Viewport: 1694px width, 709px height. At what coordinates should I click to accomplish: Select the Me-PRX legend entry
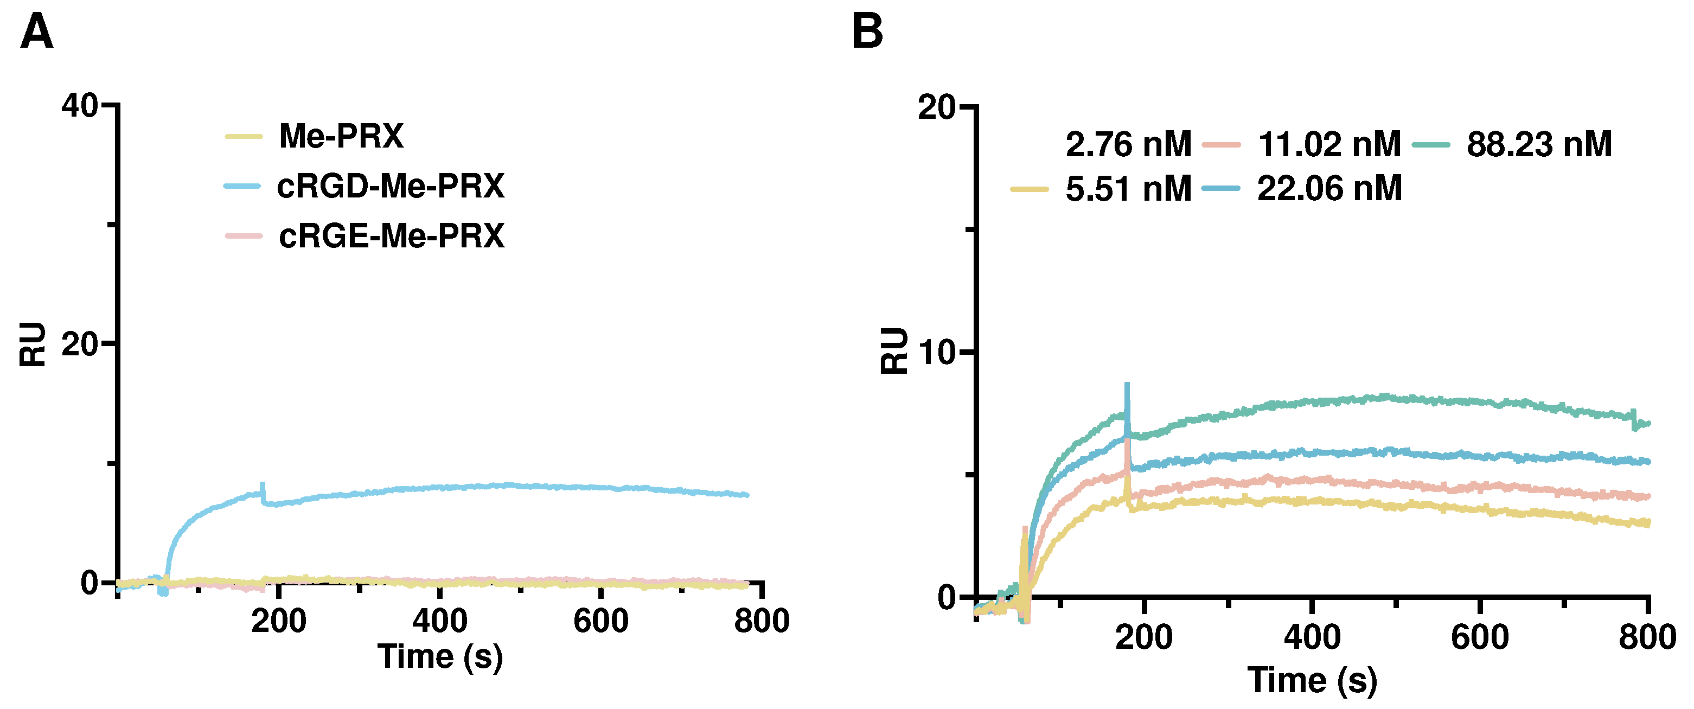[341, 136]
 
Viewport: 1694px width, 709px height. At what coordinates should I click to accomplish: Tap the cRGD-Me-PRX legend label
[390, 186]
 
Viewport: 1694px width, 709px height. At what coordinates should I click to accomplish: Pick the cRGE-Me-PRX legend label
[391, 235]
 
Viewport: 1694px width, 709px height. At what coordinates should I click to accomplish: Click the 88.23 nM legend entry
[1539, 144]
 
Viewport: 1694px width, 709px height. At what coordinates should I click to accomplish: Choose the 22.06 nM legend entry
[1329, 189]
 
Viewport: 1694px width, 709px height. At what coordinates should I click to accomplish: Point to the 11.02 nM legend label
[1329, 144]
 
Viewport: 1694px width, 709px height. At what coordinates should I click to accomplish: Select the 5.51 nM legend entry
[1128, 189]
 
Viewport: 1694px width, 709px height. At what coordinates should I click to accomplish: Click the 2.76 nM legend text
[1128, 144]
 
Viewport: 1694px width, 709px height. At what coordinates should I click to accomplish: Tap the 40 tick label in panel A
[80, 105]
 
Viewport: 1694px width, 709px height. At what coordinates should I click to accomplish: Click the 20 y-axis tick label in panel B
[936, 107]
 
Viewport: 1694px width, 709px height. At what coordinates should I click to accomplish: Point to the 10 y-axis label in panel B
[936, 353]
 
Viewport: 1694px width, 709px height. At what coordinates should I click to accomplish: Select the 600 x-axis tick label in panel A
[600, 621]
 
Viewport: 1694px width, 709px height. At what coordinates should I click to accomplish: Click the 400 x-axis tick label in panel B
[1312, 637]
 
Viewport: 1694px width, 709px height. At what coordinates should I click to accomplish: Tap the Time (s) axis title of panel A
[440, 656]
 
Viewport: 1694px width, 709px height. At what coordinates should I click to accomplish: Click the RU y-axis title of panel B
[894, 350]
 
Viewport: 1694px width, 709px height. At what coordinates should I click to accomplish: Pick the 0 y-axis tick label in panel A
[90, 583]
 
